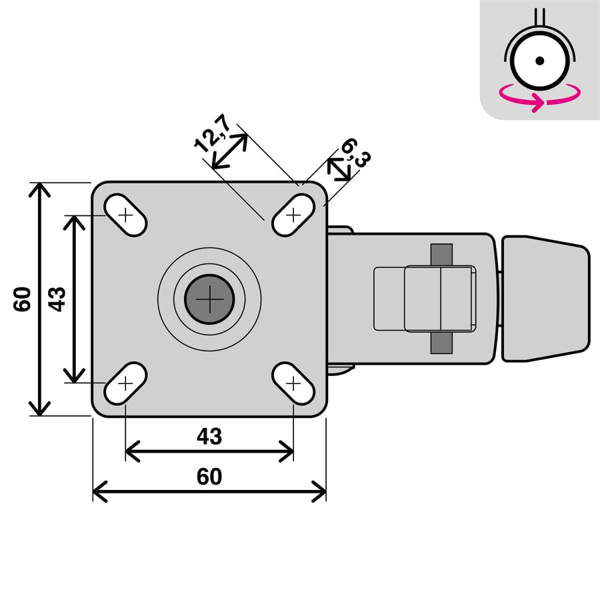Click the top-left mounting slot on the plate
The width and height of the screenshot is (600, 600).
click(x=125, y=215)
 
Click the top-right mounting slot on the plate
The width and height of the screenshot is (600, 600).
click(x=293, y=215)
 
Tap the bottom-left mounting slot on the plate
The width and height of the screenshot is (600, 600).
click(x=125, y=383)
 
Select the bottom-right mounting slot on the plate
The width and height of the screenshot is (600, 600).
click(x=293, y=383)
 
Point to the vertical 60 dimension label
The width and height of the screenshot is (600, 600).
click(x=23, y=299)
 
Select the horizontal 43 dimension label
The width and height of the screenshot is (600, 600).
click(x=209, y=437)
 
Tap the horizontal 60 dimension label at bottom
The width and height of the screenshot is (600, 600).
click(x=209, y=477)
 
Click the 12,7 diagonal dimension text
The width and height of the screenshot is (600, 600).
click(x=212, y=133)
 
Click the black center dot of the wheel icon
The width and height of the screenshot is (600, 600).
click(x=540, y=61)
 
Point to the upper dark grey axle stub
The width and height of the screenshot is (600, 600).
click(x=441, y=254)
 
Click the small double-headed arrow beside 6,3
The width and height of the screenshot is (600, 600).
click(x=341, y=171)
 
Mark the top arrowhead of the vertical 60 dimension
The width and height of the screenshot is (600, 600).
click(x=41, y=189)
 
